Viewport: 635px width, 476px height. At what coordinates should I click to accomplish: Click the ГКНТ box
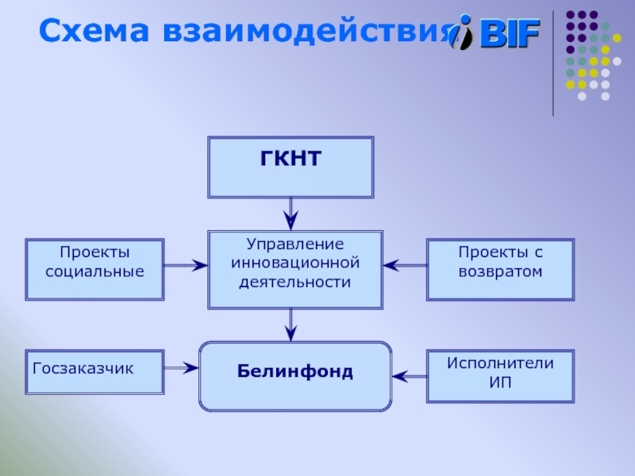tap(291, 167)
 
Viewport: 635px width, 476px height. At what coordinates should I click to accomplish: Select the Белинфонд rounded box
tap(294, 376)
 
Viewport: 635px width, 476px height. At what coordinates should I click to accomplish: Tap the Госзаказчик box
tap(94, 372)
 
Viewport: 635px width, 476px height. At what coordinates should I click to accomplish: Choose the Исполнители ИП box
tap(500, 375)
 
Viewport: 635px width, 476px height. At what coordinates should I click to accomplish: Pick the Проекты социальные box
tap(94, 270)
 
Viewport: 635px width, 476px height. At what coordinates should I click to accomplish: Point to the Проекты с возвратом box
tap(500, 270)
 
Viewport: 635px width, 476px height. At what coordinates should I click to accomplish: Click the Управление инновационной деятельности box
tap(295, 270)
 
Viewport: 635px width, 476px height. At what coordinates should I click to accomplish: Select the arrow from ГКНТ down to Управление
tap(291, 213)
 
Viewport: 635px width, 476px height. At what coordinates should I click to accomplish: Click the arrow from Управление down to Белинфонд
tap(291, 324)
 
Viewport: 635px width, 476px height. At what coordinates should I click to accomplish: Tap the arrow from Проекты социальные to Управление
tap(186, 266)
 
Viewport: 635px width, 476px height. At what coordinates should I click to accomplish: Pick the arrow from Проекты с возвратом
tap(405, 266)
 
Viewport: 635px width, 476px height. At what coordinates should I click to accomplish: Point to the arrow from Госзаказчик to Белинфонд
tap(181, 367)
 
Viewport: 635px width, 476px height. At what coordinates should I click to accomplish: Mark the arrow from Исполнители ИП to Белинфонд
tap(410, 373)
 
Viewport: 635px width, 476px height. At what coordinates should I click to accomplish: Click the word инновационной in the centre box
tap(295, 262)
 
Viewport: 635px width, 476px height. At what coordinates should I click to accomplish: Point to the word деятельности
tap(295, 281)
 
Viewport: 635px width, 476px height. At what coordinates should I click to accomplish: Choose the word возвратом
tap(500, 271)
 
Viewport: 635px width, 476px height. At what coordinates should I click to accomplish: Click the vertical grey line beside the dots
tap(553, 63)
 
